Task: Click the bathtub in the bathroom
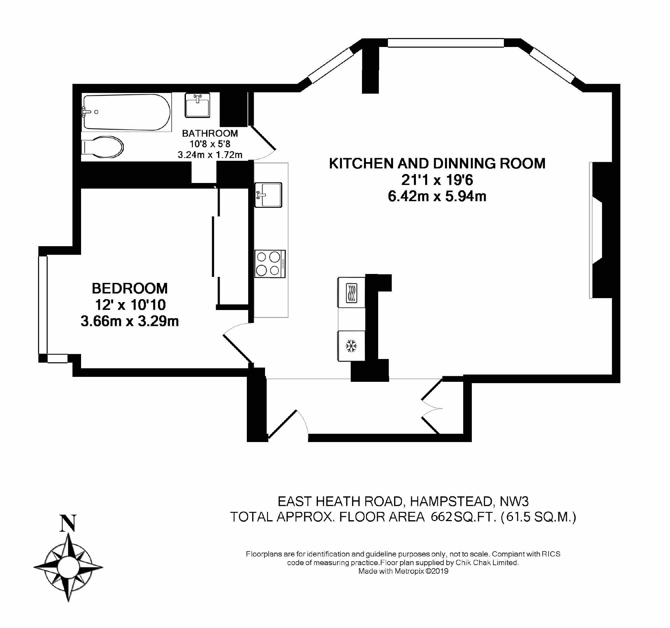126,112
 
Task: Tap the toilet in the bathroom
103,147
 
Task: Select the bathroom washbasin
197,105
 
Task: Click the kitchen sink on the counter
268,195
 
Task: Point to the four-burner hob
270,264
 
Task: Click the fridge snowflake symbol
351,346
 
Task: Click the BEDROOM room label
130,289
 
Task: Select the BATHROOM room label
210,133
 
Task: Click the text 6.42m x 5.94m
437,196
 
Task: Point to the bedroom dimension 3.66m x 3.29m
130,321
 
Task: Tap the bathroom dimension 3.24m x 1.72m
210,155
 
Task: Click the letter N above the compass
68,523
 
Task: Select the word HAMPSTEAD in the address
452,502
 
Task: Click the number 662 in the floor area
441,517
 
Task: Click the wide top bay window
446,43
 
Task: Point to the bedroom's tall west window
43,305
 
